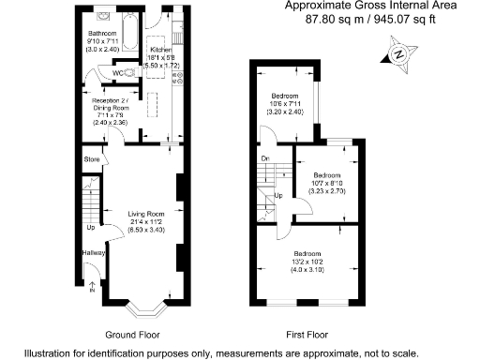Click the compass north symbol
[x=401, y=53]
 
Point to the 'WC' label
[x=118, y=72]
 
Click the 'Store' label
[x=92, y=160]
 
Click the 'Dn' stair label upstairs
[x=265, y=157]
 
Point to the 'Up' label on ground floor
[x=91, y=227]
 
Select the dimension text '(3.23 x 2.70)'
[x=326, y=191]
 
